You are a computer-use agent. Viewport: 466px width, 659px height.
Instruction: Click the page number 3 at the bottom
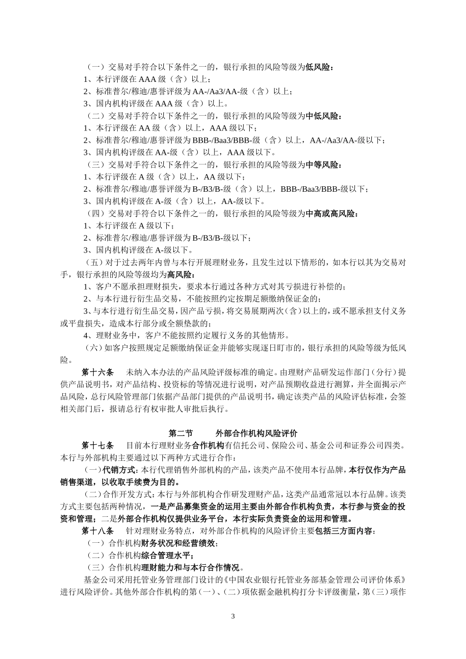tap(233, 616)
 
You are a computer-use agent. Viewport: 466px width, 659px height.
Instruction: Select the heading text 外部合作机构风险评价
tap(257, 433)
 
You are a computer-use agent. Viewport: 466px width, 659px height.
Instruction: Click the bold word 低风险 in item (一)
tap(318, 67)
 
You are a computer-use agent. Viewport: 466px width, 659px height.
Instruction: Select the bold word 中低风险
tap(322, 116)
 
